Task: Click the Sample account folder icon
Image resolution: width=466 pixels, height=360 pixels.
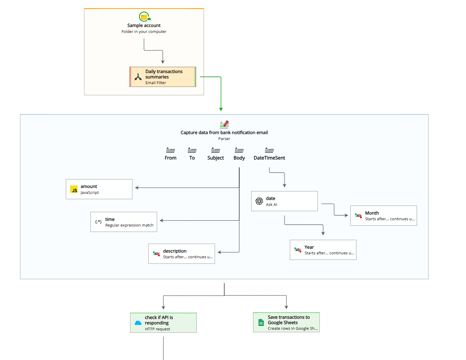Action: [144, 17]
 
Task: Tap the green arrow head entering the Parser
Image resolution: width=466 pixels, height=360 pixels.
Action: [221, 109]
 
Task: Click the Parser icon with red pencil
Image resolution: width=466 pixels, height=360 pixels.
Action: [224, 124]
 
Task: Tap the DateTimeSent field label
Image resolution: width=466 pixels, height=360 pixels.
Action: [269, 158]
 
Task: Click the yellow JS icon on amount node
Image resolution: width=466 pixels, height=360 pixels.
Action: [74, 189]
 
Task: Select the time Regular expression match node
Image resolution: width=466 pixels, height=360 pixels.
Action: [124, 222]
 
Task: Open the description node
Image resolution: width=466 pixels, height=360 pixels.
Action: [181, 254]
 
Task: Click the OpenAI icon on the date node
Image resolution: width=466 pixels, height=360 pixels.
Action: [259, 201]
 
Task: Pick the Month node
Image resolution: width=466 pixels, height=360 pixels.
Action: [383, 216]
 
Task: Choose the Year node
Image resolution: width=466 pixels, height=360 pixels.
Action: [323, 250]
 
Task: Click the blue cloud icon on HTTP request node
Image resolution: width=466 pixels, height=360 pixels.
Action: [138, 323]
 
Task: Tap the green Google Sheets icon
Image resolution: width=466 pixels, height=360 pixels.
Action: [261, 323]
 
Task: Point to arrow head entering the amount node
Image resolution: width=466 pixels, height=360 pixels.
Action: [137, 188]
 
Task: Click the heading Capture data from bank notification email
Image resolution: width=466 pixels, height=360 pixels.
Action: [224, 133]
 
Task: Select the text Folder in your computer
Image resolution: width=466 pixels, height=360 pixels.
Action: [144, 32]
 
